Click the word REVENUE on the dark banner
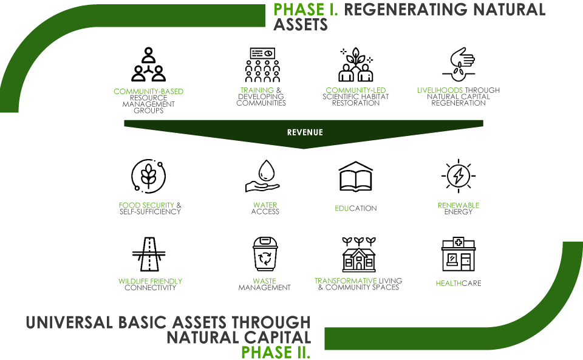pyautogui.click(x=305, y=132)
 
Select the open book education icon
pyautogui.click(x=355, y=177)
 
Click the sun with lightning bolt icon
pyautogui.click(x=459, y=175)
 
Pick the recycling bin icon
pyautogui.click(x=265, y=254)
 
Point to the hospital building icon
pyautogui.click(x=459, y=254)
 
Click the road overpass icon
pyautogui.click(x=149, y=254)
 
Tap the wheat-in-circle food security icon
pyautogui.click(x=149, y=176)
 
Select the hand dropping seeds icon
pyautogui.click(x=459, y=64)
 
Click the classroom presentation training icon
pyautogui.click(x=262, y=64)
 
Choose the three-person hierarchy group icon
pyautogui.click(x=148, y=64)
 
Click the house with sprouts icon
pyautogui.click(x=359, y=254)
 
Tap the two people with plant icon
pyautogui.click(x=356, y=64)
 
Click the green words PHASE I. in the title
pyautogui.click(x=305, y=9)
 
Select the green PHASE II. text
pyautogui.click(x=276, y=352)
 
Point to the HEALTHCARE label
pyautogui.click(x=459, y=284)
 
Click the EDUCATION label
pyautogui.click(x=356, y=208)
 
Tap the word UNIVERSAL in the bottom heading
pyautogui.click(x=69, y=322)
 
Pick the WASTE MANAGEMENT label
pyautogui.click(x=264, y=285)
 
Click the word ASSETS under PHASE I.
pyautogui.click(x=301, y=25)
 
